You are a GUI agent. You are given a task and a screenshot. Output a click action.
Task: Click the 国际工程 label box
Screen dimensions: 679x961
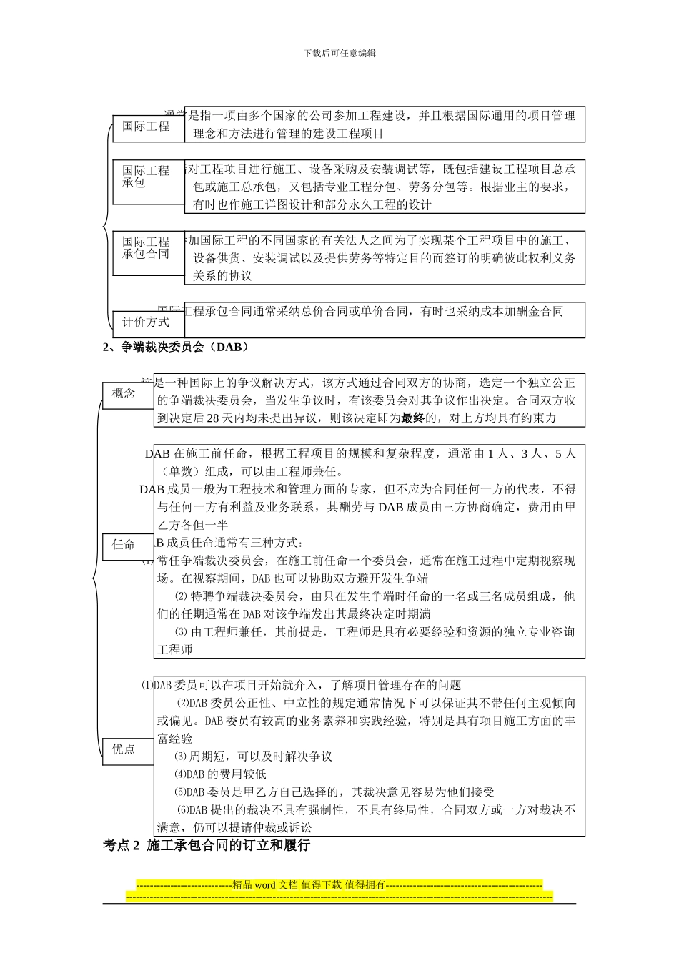[x=146, y=127]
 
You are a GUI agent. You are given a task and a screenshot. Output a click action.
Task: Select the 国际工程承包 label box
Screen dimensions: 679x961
[x=146, y=177]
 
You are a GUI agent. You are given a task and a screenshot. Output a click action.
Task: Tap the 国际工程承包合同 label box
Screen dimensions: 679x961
[x=146, y=248]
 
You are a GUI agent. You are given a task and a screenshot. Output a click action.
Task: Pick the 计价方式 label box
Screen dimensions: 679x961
[x=146, y=322]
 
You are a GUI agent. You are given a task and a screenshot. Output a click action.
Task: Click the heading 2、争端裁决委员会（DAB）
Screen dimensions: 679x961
[x=176, y=348]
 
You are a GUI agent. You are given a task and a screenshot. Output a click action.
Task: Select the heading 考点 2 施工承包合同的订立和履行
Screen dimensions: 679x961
[x=207, y=845]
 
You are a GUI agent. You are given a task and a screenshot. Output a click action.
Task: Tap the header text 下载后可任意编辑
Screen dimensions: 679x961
[x=339, y=53]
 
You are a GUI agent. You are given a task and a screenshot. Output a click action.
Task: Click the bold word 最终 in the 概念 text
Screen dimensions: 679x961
[x=412, y=418]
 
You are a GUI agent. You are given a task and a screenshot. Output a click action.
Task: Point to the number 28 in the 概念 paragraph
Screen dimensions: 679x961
[x=212, y=418]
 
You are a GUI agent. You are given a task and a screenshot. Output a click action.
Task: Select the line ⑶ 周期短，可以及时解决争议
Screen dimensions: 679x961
[x=253, y=757]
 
